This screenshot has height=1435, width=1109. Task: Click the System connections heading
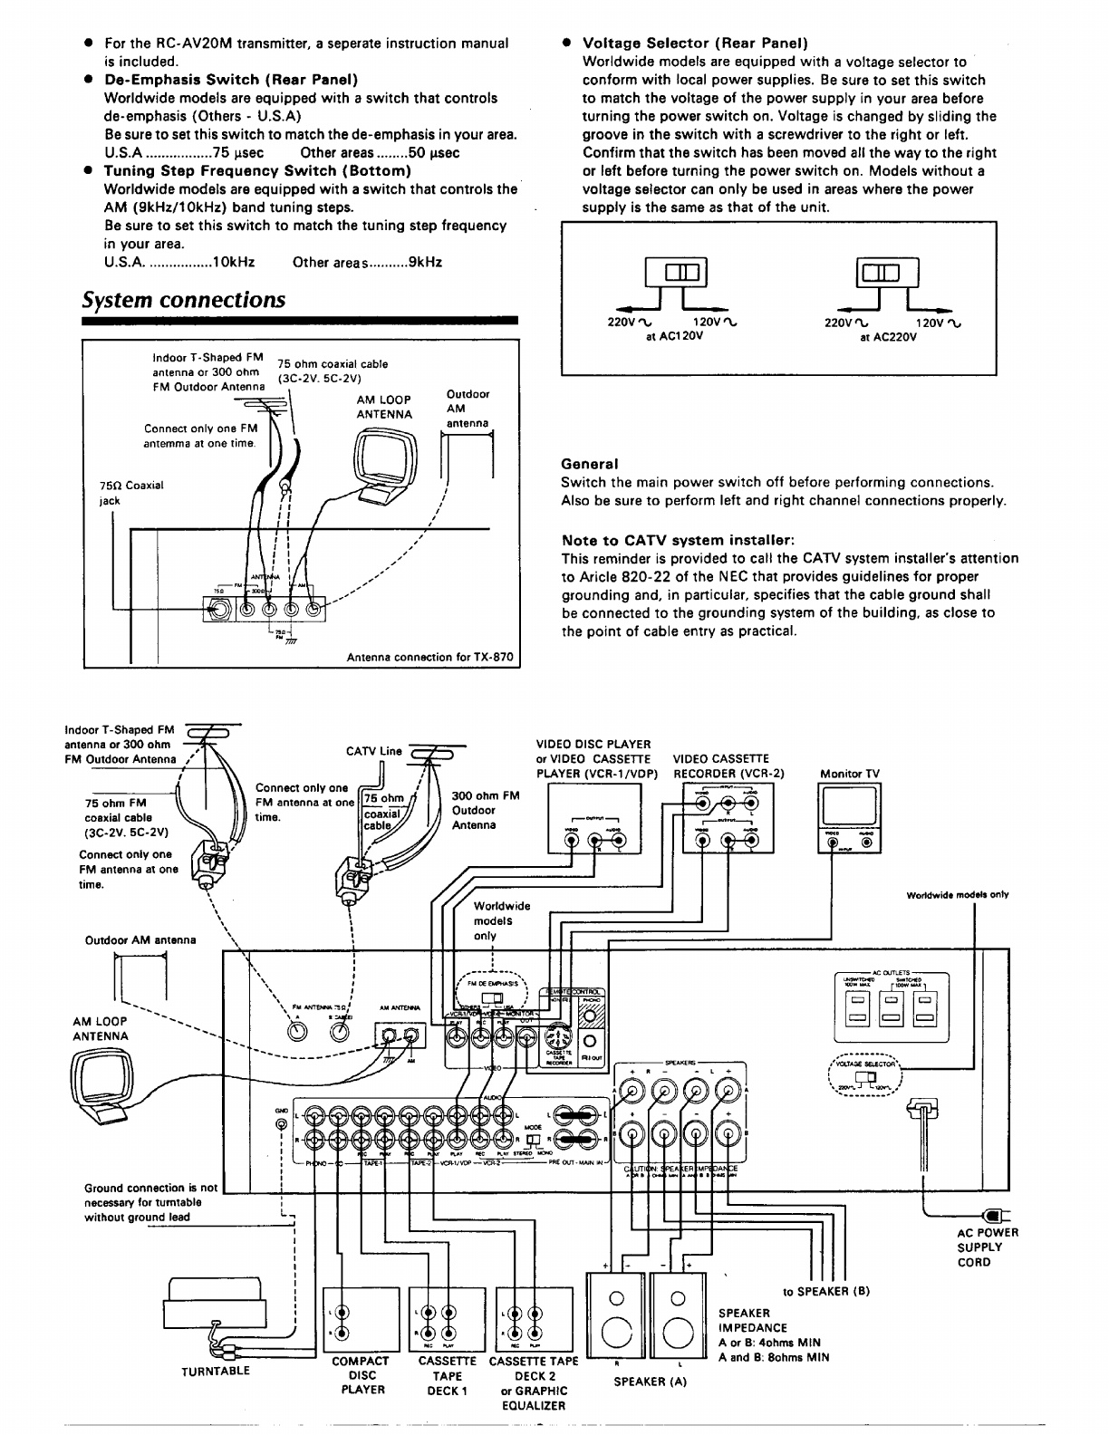[x=183, y=300]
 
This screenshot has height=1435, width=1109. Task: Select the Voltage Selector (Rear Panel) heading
[x=695, y=43]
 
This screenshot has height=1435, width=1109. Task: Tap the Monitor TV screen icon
[x=849, y=806]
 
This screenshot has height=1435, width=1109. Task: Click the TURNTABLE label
[x=216, y=1371]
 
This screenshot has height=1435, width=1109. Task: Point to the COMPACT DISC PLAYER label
[x=362, y=1374]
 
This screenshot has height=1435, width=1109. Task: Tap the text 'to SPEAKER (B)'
[x=825, y=1291]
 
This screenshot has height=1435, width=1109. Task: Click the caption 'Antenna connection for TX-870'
[x=431, y=657]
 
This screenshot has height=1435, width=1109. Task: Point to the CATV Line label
[x=373, y=751]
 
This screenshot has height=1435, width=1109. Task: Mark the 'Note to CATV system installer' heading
[x=678, y=540]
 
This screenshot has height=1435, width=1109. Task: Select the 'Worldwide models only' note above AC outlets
[x=958, y=895]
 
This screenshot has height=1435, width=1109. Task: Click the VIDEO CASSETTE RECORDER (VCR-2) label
[x=728, y=766]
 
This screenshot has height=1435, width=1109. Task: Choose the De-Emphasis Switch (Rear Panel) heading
[x=231, y=80]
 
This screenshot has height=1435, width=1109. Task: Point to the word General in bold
[x=589, y=464]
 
